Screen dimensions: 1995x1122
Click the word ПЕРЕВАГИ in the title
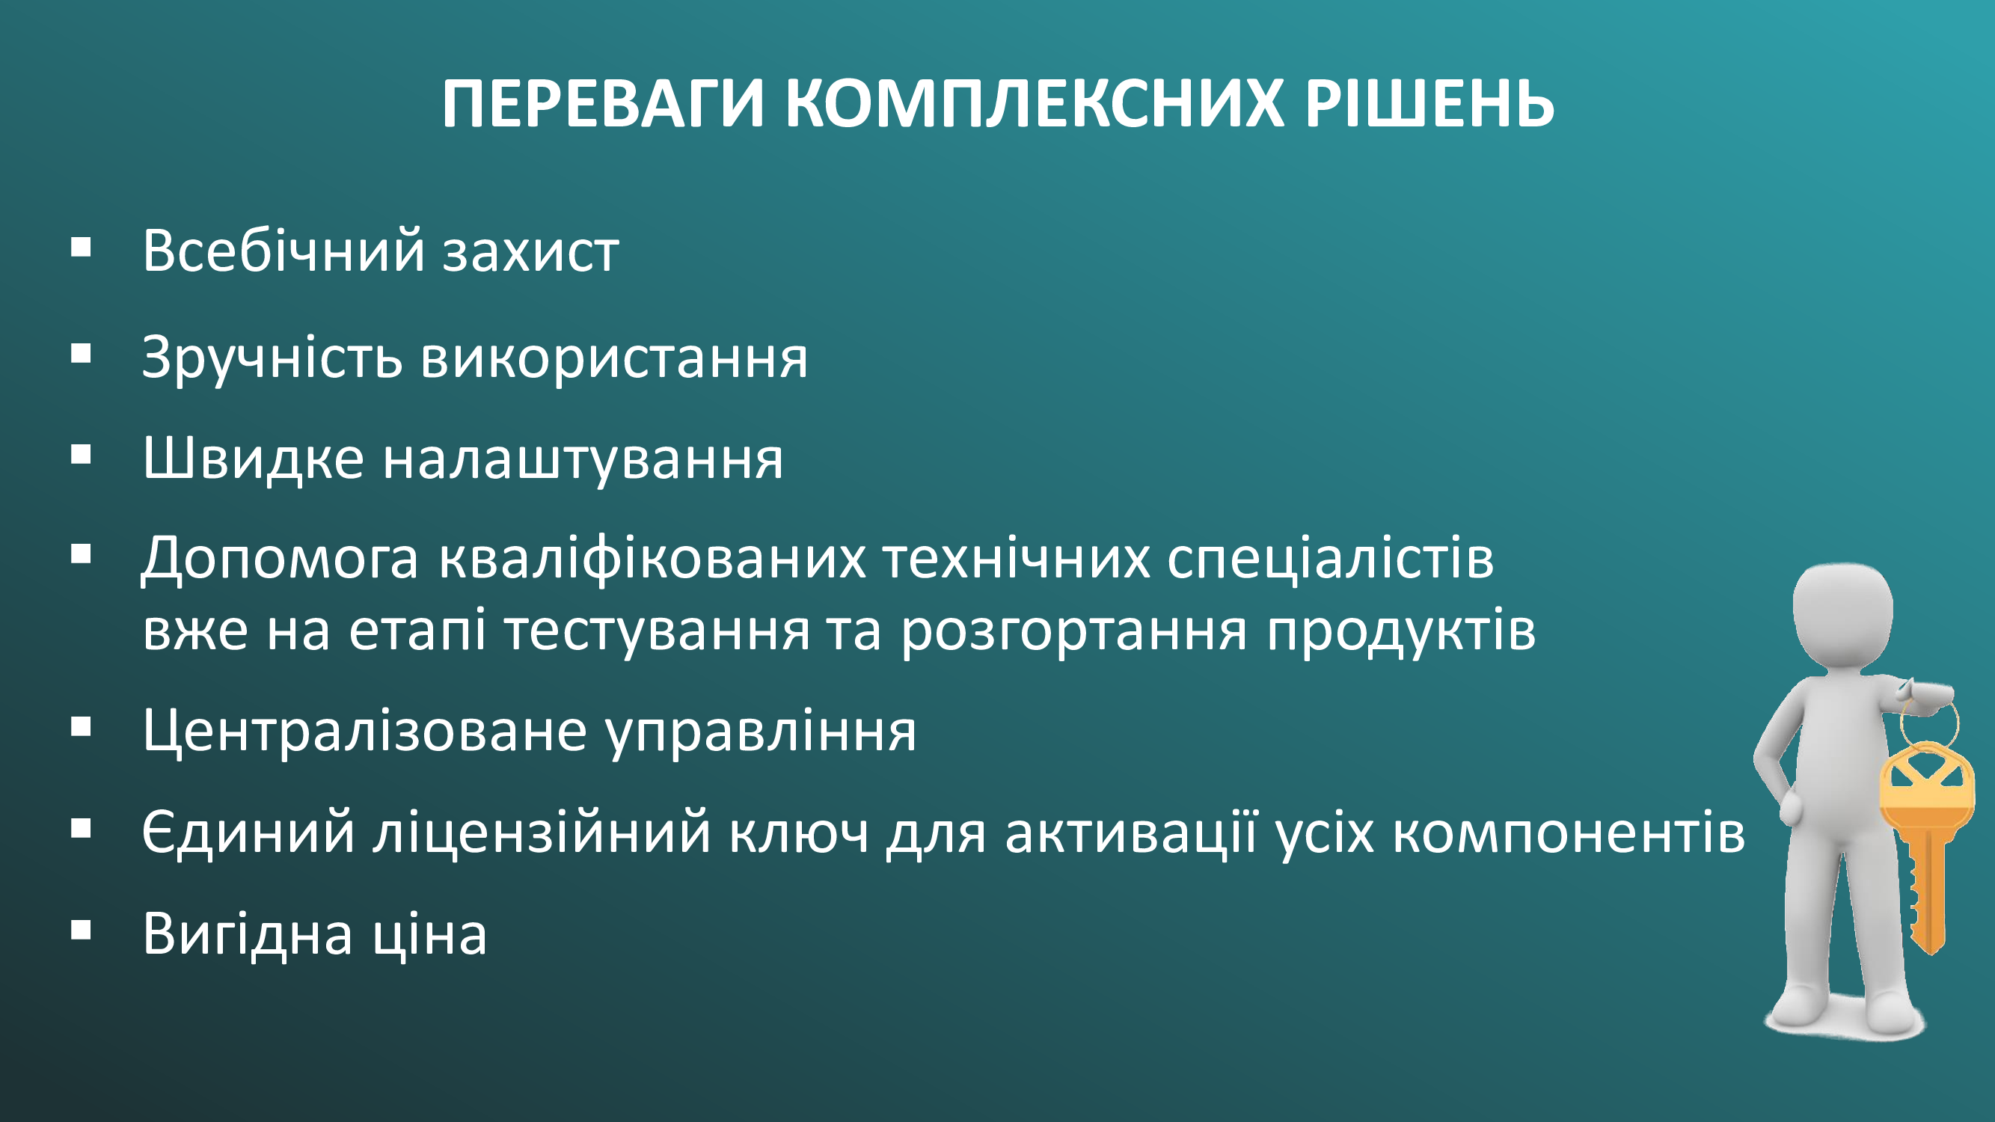pyautogui.click(x=604, y=103)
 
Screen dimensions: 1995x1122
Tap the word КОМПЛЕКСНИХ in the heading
pyautogui.click(x=1034, y=103)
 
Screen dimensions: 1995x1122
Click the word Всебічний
pyautogui.click(x=284, y=250)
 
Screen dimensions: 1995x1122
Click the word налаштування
pyautogui.click(x=583, y=463)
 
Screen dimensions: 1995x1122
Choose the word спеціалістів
pyautogui.click(x=1331, y=560)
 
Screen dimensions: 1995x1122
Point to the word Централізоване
pyautogui.click(x=365, y=732)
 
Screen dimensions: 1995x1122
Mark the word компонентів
pyautogui.click(x=1569, y=836)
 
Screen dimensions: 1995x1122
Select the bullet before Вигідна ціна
pyautogui.click(x=81, y=929)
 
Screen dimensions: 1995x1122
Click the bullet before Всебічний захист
pyautogui.click(x=81, y=248)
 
